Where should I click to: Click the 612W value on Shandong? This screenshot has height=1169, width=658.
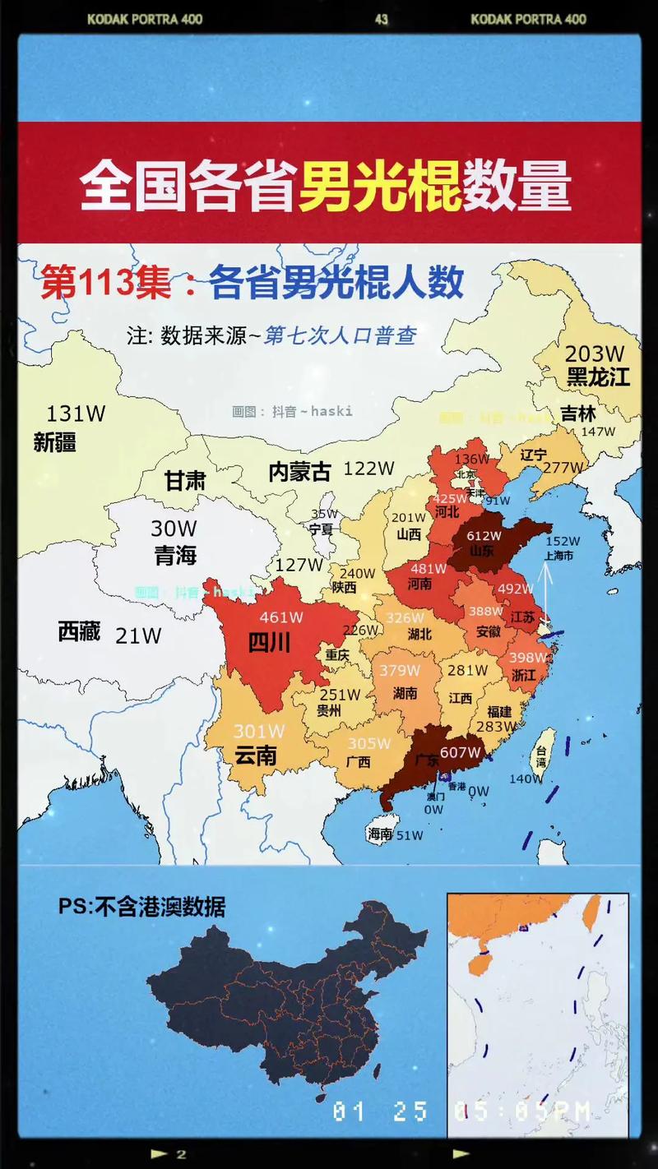pos(484,536)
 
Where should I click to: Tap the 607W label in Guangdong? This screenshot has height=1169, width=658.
pos(461,752)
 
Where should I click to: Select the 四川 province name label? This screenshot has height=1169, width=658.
pos(270,642)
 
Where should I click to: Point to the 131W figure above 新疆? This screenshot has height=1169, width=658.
pos(76,414)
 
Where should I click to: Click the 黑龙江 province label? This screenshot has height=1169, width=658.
pos(598,377)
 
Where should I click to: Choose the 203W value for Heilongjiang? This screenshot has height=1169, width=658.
pos(595,354)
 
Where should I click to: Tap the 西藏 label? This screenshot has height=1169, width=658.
pos(79,631)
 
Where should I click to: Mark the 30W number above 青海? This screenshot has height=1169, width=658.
pos(174,529)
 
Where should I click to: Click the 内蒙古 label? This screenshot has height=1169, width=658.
pos(299,472)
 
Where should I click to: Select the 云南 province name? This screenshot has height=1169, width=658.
pos(255,755)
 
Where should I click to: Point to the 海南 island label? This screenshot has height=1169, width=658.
pos(380,834)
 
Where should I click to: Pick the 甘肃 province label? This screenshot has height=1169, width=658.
pos(184,481)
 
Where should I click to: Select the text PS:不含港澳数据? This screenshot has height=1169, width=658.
pos(141,907)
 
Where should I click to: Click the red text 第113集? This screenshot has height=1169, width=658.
pos(107,284)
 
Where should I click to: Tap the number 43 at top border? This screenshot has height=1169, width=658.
pos(381,19)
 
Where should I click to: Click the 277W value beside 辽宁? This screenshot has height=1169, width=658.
pos(563,468)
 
